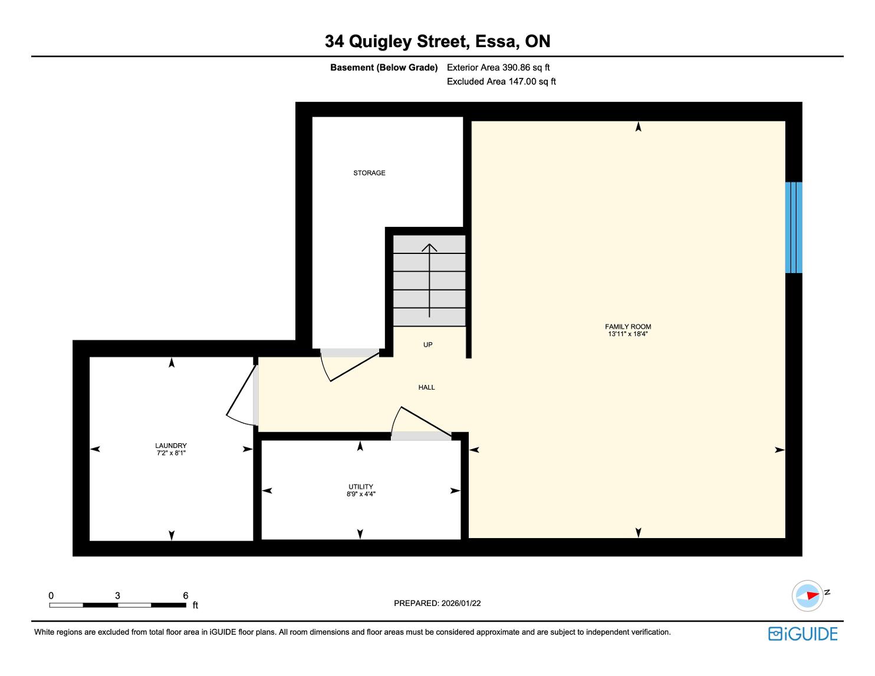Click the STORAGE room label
click(x=369, y=173)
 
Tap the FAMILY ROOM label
click(x=628, y=327)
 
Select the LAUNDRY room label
click(x=171, y=446)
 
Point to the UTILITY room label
click(x=361, y=486)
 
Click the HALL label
click(x=426, y=387)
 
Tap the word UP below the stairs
click(x=427, y=344)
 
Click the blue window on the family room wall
click(x=794, y=227)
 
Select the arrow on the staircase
click(x=429, y=281)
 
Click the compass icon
click(x=807, y=596)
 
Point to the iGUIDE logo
click(x=802, y=634)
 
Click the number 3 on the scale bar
click(x=117, y=595)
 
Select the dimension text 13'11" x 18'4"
click(x=628, y=334)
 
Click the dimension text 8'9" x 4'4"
click(x=361, y=494)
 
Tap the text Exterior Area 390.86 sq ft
click(x=498, y=68)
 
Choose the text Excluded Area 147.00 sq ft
click(x=501, y=81)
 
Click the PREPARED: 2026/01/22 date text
click(x=437, y=603)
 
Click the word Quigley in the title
click(x=380, y=42)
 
